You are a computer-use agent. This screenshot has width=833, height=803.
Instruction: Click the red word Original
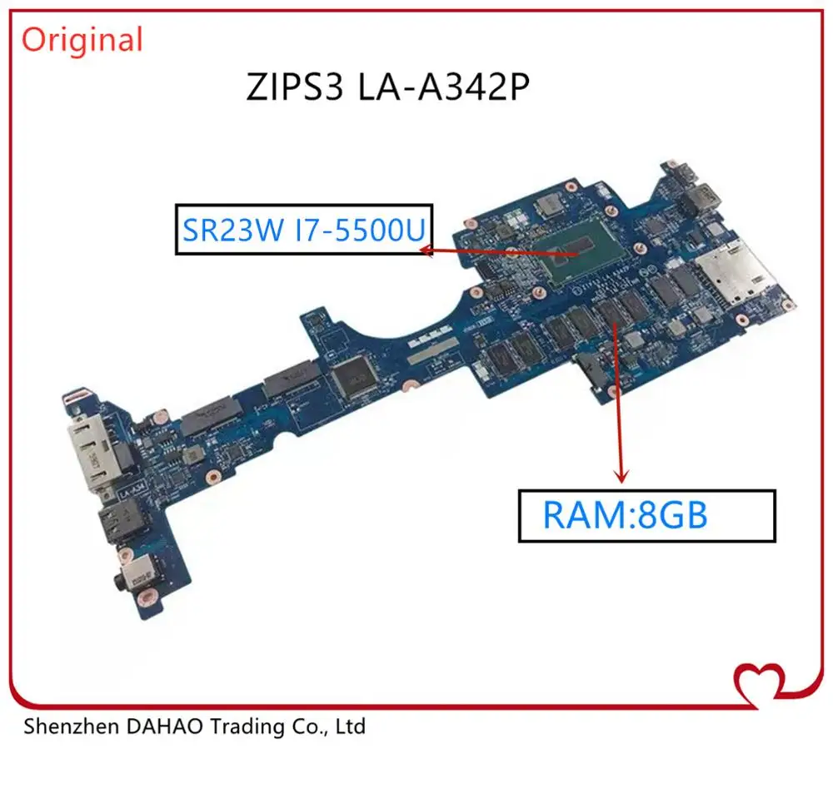(82, 40)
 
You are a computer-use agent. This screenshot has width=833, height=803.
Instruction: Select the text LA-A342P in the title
(444, 87)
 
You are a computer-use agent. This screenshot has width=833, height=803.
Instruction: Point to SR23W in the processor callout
(232, 230)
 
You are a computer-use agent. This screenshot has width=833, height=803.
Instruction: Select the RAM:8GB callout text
(626, 515)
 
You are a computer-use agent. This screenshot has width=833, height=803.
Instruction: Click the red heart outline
(759, 685)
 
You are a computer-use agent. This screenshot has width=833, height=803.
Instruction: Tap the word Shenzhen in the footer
(71, 726)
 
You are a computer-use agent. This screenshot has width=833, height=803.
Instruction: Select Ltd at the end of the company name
(351, 726)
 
